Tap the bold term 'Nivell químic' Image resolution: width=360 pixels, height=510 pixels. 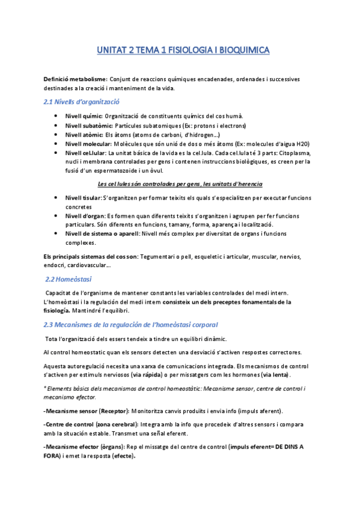click(x=84, y=116)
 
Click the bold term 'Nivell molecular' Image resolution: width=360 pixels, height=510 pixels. click(x=88, y=144)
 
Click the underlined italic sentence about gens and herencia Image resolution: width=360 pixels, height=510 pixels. click(x=180, y=183)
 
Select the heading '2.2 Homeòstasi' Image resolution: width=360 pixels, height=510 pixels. click(x=69, y=280)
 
